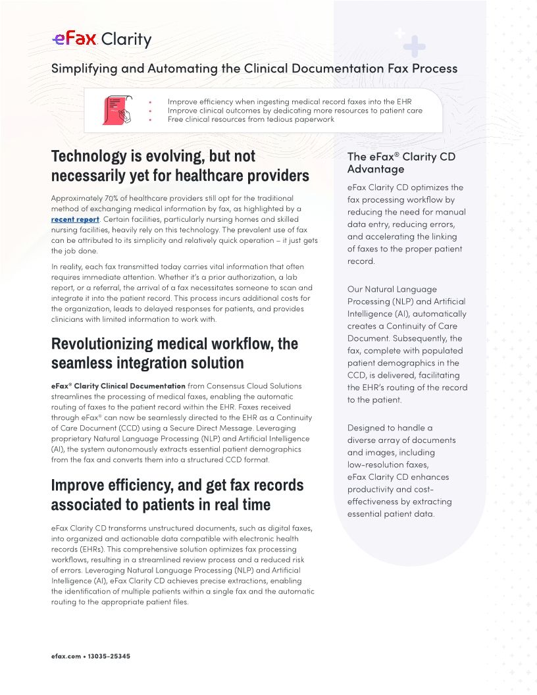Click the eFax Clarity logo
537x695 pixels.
pos(101,39)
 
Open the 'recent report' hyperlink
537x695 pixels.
pos(75,219)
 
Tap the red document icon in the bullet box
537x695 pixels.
pos(115,110)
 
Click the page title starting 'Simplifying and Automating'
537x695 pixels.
pos(254,68)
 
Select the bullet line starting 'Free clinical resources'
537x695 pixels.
pos(251,119)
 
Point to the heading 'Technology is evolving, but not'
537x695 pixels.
pos(153,157)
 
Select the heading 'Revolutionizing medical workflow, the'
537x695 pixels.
pos(174,344)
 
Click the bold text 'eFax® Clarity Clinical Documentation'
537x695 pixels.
pos(118,386)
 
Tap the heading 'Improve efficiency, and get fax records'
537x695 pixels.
pos(178,485)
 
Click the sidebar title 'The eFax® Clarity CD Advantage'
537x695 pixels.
pos(401,163)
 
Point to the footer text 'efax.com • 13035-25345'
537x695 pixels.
pos(90,656)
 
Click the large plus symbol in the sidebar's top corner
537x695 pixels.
pos(415,46)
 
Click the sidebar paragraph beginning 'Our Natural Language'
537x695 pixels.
pos(407,344)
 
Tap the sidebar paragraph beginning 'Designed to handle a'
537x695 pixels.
pos(401,471)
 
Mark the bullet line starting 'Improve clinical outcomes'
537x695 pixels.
pos(295,111)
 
